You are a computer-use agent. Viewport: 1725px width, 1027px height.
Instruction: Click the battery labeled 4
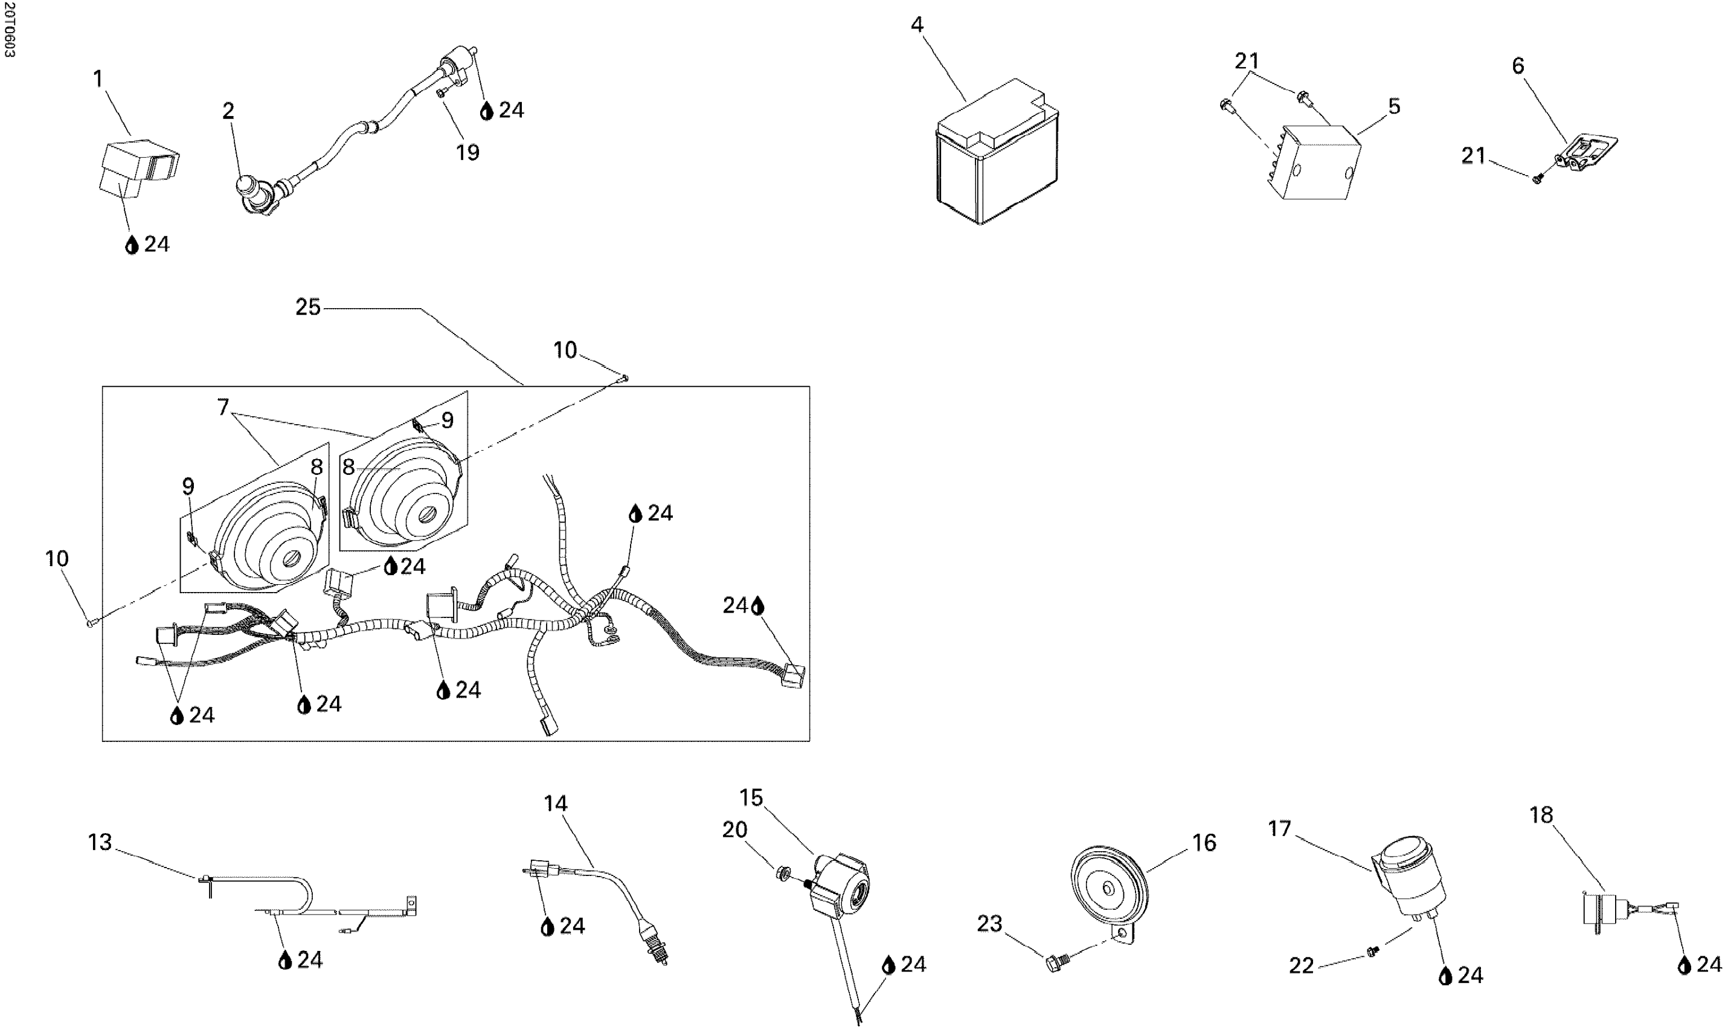click(x=997, y=156)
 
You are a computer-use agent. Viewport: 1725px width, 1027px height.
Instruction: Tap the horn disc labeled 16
click(x=1108, y=889)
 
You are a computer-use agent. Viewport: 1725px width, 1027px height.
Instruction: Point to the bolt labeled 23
click(x=1056, y=962)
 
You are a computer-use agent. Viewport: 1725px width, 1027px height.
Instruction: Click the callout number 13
click(x=100, y=842)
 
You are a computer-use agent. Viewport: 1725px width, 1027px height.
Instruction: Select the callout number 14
click(x=556, y=803)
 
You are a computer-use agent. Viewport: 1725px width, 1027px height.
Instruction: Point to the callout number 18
click(x=1541, y=815)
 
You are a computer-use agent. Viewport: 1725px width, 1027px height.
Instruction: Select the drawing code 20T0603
click(x=9, y=29)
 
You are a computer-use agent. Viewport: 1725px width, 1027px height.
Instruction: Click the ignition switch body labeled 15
click(x=841, y=889)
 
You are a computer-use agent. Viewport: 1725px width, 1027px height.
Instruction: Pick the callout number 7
click(x=223, y=408)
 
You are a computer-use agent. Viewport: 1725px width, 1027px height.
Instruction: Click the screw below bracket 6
click(x=1538, y=179)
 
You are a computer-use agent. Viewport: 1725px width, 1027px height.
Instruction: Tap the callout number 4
click(x=917, y=25)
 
